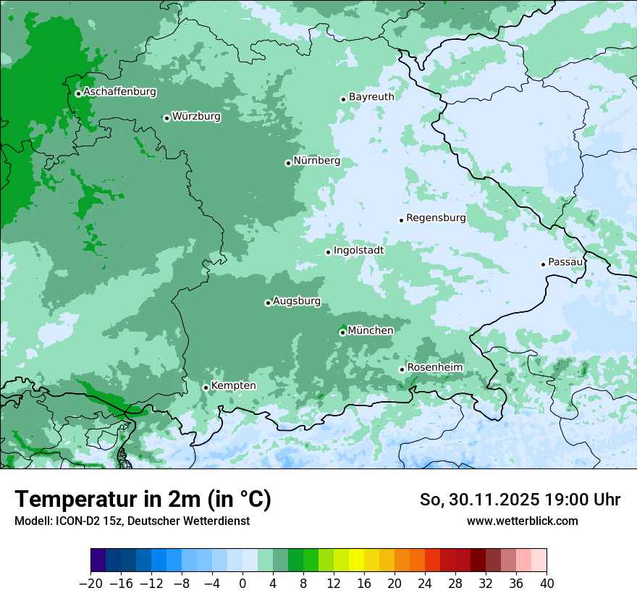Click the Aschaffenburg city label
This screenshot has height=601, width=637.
click(119, 92)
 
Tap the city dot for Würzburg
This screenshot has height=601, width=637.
click(166, 118)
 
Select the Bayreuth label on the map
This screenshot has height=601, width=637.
click(371, 97)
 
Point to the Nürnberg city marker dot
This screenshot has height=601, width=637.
click(288, 163)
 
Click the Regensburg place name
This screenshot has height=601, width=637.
click(436, 218)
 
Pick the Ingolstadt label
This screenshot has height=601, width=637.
click(358, 251)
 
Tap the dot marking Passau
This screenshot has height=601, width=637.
click(543, 264)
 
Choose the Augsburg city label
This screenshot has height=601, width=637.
click(297, 301)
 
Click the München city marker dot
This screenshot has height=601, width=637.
click(342, 333)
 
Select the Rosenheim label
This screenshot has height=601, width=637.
click(434, 368)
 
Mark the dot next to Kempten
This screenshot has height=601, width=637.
click(206, 387)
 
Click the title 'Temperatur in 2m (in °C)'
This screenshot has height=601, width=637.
click(143, 500)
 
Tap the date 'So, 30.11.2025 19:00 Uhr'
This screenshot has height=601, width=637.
click(520, 500)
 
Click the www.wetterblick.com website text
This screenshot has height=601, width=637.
click(523, 521)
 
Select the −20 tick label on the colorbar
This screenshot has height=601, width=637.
click(90, 584)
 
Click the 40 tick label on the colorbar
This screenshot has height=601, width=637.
click(547, 584)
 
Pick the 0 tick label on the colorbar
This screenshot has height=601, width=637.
click(242, 584)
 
